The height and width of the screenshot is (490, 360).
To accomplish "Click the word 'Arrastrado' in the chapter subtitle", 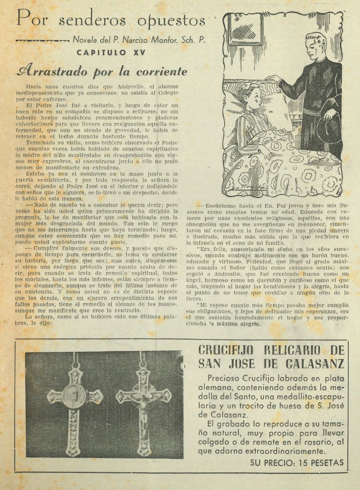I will (54, 72).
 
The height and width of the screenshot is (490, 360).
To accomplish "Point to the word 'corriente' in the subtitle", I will (161, 72).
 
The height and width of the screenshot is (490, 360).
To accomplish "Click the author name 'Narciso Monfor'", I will (155, 40).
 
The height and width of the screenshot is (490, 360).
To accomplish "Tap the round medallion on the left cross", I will (74, 396).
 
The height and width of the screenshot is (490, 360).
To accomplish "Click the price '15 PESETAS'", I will (319, 463).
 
